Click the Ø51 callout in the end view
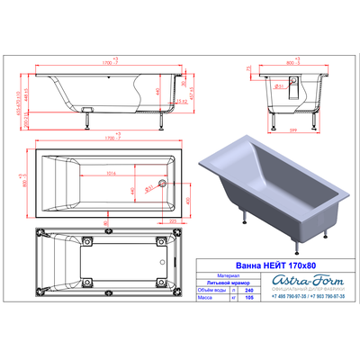(281, 86)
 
